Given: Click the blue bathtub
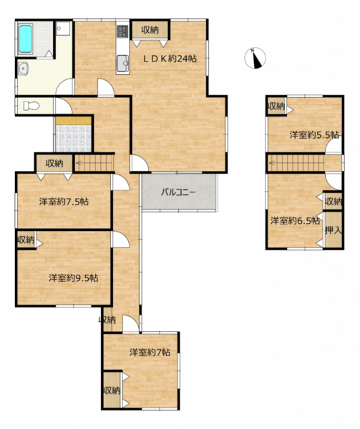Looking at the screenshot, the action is tap(26, 39).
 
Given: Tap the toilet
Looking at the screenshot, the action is tap(31, 105).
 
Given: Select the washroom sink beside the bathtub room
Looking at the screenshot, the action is tap(24, 68).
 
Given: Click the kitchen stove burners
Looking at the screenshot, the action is tap(122, 31).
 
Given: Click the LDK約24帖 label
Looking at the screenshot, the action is tap(170, 59).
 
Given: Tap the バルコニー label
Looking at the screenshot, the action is tap(178, 192).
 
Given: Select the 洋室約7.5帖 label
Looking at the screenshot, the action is tap(64, 202).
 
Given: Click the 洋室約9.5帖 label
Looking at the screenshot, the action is tap(74, 278).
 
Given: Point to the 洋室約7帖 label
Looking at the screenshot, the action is tap(150, 352).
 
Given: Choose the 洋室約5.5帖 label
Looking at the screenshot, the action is tap(314, 135).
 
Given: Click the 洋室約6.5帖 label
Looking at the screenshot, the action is tap(295, 221).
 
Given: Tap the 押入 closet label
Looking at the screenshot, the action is tap(334, 230).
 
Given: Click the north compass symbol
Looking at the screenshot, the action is tap(255, 58).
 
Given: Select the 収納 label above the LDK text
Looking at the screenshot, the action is tap(150, 30).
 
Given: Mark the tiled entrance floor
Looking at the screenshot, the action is tap(74, 139).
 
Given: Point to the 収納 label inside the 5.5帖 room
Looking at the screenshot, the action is tap(276, 106).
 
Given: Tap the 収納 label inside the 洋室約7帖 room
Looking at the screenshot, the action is tap(112, 390).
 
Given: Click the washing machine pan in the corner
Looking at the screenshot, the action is tap(63, 29).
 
